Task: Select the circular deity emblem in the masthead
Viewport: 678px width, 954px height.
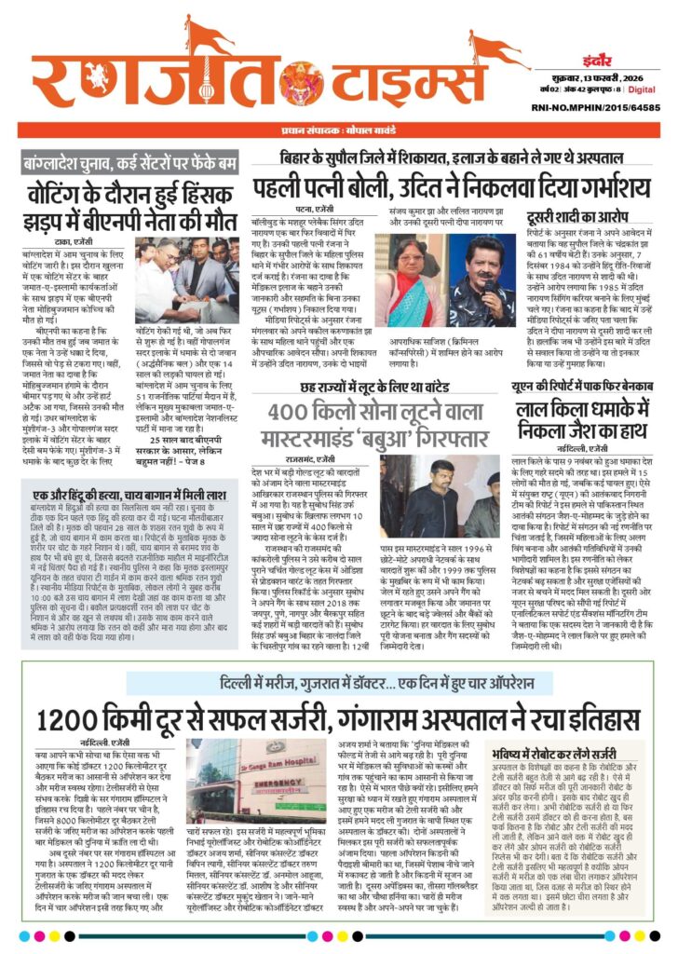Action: pyautogui.click(x=301, y=80)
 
